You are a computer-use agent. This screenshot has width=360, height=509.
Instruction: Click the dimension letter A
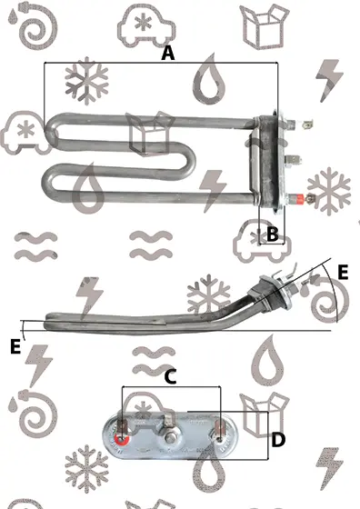coord(168,54)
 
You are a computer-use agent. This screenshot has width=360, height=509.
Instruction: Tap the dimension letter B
coord(273,233)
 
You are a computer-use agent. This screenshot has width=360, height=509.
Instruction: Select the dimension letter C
coord(170,377)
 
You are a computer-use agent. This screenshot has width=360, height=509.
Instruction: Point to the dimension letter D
coord(278,440)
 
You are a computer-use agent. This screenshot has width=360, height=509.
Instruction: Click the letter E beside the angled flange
coord(343,272)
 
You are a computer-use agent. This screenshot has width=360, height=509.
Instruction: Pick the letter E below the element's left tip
coord(15,346)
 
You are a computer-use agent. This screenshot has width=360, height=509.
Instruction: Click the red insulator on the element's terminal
coord(298,198)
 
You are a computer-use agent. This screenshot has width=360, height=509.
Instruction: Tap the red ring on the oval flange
coord(122,440)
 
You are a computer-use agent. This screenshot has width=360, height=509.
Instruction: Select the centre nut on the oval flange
coord(169,439)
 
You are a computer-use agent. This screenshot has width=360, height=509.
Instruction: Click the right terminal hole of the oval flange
coord(220,440)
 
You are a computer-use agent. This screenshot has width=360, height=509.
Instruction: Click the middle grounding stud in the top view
coord(293,160)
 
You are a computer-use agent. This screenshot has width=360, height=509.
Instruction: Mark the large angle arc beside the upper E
coord(332,292)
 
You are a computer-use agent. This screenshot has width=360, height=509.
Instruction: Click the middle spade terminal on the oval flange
coord(169,420)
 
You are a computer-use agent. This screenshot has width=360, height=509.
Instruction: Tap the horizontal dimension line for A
coord(161,63)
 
